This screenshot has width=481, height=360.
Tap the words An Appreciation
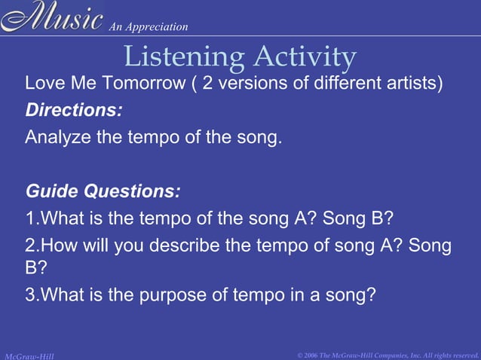pos(149,27)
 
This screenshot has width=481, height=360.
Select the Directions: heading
pos(74,110)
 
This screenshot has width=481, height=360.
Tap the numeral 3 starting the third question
pos(30,294)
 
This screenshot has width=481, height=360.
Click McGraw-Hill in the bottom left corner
pos(29,355)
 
